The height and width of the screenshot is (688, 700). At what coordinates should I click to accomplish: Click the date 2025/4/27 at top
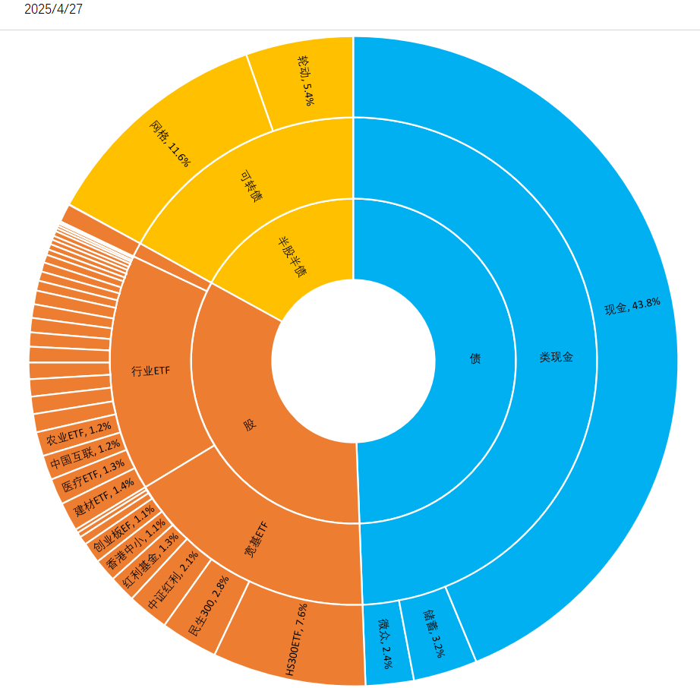click(53, 9)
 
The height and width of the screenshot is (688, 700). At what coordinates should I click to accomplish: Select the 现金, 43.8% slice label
click(632, 305)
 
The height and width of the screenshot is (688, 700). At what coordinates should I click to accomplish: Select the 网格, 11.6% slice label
click(169, 143)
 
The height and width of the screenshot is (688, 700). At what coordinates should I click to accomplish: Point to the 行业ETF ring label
click(150, 371)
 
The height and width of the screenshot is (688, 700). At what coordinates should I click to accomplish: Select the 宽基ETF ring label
click(256, 540)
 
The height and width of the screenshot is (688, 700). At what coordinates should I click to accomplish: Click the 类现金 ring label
click(556, 357)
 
